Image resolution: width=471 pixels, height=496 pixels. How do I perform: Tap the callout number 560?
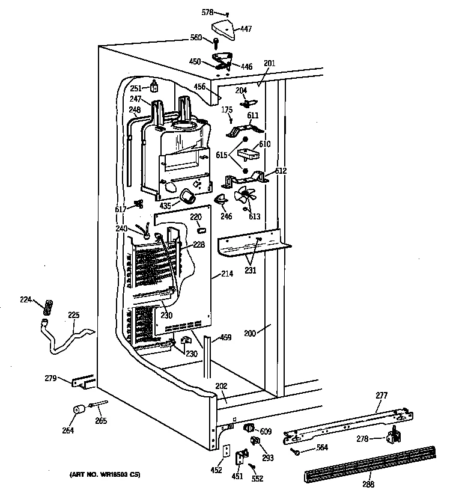(196, 38)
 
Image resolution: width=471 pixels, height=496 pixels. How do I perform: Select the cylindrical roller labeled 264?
(77, 411)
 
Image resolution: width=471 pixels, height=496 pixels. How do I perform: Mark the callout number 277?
(381, 395)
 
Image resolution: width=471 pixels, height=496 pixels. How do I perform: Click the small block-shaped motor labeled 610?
(248, 154)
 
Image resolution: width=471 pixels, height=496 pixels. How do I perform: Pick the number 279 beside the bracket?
(51, 379)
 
